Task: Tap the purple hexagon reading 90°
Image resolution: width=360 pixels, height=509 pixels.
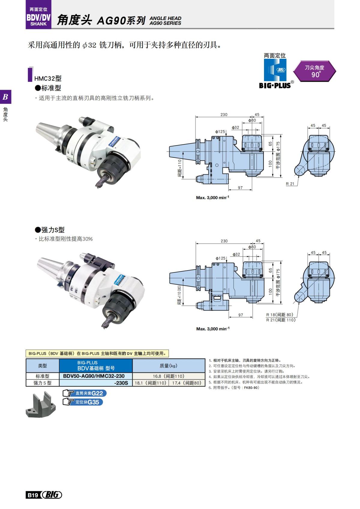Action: coord(314,71)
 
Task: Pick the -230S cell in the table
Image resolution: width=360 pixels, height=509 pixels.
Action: coord(96,383)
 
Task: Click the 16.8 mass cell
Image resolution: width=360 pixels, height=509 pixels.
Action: coord(169,376)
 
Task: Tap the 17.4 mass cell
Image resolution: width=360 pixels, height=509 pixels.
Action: coord(187,383)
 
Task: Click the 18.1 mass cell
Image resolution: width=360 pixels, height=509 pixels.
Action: coord(150,383)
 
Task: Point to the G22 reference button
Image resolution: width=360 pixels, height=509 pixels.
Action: coord(85,393)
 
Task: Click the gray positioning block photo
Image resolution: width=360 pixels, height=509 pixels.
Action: coord(41,405)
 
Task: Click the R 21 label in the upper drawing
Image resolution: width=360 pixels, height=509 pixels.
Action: coord(290,184)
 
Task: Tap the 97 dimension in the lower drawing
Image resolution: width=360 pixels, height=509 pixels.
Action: coord(241,315)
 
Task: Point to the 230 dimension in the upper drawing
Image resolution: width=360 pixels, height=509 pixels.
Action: coord(224,115)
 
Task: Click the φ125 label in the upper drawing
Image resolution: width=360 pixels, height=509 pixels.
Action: coord(220,132)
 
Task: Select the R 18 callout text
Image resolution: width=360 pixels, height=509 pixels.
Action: coord(279,315)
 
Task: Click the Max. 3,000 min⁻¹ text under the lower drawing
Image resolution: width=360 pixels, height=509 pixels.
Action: coord(213,329)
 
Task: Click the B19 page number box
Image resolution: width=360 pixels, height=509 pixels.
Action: coord(32,495)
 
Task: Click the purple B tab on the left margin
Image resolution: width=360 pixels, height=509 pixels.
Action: coord(5,97)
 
